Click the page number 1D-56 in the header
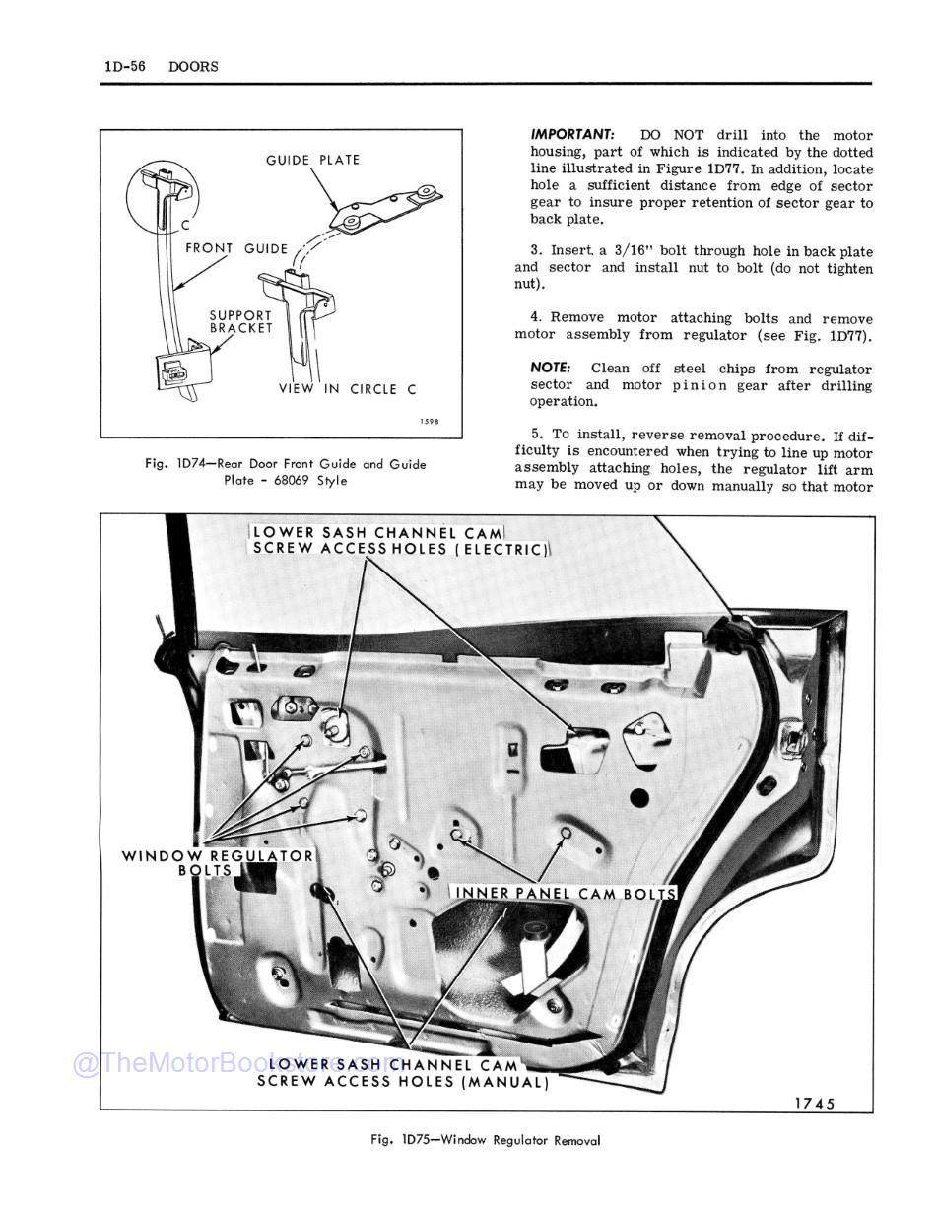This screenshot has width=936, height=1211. coord(125,66)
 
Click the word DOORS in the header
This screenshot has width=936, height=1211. coord(193,66)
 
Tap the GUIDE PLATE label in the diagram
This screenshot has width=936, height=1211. coord(312,160)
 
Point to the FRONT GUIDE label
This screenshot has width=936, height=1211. coord(236,249)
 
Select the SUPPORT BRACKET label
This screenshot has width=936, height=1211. coord(240,322)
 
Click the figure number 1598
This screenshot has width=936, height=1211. coord(428,422)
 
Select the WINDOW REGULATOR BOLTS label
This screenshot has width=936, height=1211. coord(217,863)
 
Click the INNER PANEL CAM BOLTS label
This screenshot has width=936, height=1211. coord(566,894)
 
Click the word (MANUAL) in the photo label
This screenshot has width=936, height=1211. coord(504,1082)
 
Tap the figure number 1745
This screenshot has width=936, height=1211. coord(814,1103)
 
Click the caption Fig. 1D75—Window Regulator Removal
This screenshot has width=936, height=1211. coord(485,1140)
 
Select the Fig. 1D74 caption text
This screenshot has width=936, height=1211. coord(285,472)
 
